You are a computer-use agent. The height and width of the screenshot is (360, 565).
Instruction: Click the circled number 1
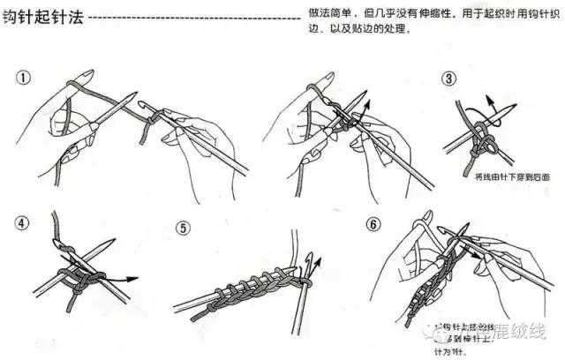[25, 78]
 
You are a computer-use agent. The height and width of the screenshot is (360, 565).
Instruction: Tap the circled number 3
[450, 79]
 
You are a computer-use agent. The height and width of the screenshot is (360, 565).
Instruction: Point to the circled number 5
[183, 228]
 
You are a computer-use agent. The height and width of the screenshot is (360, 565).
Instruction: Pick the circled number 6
[374, 224]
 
